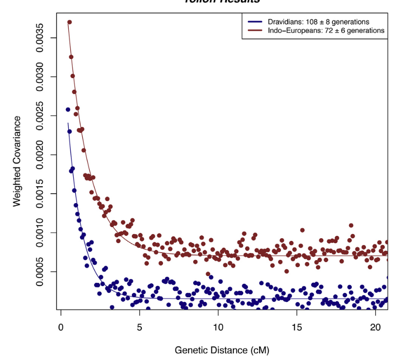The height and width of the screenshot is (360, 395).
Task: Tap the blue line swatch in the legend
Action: click(x=255, y=22)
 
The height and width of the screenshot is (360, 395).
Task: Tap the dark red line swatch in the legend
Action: click(x=255, y=31)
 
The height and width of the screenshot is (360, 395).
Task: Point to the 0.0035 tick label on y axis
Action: click(x=40, y=38)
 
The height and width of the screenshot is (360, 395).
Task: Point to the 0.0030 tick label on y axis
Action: click(x=40, y=77)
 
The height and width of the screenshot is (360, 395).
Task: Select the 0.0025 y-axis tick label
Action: click(x=40, y=116)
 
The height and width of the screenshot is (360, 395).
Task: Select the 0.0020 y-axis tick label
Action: click(x=40, y=155)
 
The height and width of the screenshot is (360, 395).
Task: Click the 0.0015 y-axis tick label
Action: click(x=40, y=194)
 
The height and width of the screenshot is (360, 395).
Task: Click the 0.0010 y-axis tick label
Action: click(x=40, y=233)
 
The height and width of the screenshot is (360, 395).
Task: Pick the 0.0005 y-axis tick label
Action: click(x=40, y=272)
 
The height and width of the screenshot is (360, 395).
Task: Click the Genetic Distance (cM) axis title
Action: click(x=223, y=350)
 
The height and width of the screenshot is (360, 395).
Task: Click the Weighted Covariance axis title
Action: click(x=17, y=161)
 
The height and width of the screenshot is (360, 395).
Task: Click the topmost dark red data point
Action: click(x=70, y=22)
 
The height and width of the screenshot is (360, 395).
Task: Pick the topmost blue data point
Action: click(x=68, y=110)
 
